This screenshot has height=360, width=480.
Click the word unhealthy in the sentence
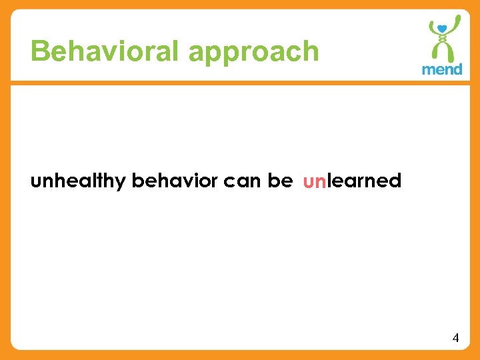coord(79,181)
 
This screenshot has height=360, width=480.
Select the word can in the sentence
coord(243,181)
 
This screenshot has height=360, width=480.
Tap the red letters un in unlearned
coord(314,181)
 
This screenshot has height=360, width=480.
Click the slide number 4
coord(455,338)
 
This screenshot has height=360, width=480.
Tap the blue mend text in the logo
coord(442,69)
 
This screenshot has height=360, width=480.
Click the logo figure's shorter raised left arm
coord(430,29)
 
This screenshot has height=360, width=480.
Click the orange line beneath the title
coord(240,83)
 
